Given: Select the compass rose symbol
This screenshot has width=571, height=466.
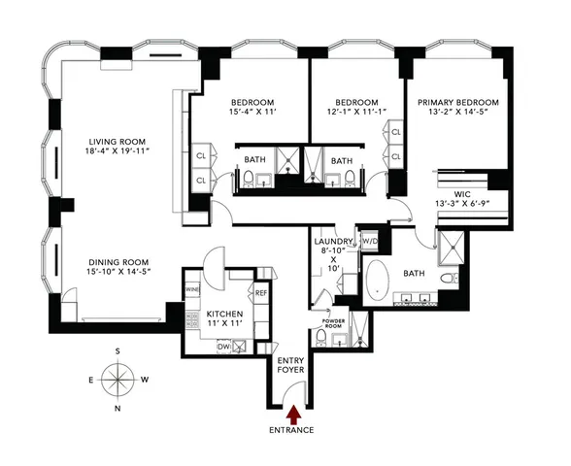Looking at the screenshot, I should coord(118,379).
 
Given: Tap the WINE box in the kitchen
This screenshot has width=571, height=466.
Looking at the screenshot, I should coord(193,289).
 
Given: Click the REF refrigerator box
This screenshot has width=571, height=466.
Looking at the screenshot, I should coord(260,292).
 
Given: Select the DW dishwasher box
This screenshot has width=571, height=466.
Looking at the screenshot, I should coord(224,346).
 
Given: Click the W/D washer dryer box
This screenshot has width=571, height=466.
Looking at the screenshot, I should coord(369,240).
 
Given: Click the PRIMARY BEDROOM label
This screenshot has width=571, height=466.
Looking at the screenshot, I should coord(457,103).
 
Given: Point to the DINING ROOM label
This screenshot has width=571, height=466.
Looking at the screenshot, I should coord(118,261).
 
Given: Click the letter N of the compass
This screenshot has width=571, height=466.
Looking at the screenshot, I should coord(118,409).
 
